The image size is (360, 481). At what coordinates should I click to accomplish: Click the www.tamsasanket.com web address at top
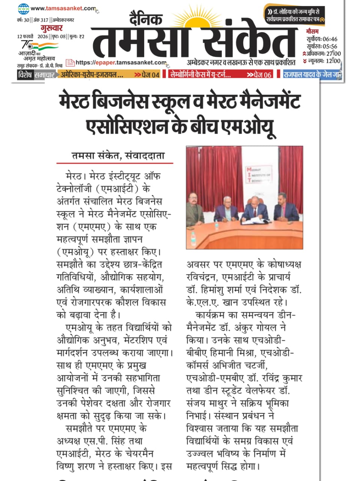coord(63,8)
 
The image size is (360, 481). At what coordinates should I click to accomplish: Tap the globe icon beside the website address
coord(23,8)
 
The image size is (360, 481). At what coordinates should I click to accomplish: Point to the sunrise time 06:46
coord(330,39)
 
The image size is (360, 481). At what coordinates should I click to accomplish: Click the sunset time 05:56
coord(330,47)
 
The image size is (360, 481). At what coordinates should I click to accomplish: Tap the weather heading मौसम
coord(312,32)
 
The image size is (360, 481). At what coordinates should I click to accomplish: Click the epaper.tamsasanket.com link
coord(121,62)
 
